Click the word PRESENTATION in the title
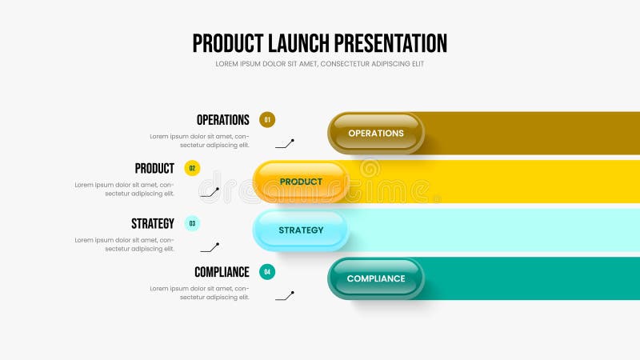391,43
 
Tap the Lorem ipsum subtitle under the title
320,64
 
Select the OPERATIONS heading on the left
222,120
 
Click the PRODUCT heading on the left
154,169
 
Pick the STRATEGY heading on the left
152,224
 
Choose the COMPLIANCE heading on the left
222,272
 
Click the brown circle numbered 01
267,120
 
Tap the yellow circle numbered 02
192,169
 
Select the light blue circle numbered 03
192,224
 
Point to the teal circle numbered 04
267,272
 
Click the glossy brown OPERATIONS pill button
376,133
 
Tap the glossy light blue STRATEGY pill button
301,230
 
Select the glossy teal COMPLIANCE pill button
376,278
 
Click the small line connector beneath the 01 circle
285,144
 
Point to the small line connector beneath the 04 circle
285,296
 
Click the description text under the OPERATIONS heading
199,141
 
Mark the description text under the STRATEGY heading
125,244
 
